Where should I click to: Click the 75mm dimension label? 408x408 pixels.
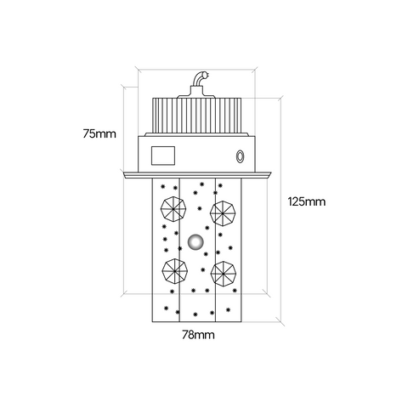click(x=99, y=133)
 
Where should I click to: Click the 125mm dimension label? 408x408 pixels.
click(x=307, y=201)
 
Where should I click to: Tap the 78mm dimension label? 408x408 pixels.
click(x=198, y=335)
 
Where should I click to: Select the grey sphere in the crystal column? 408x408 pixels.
click(x=195, y=242)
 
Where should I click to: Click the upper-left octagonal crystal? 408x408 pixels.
click(x=173, y=209)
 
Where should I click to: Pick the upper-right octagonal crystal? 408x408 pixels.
click(x=223, y=213)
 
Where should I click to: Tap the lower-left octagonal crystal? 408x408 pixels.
click(x=175, y=271)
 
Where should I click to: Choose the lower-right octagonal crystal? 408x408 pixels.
click(x=224, y=274)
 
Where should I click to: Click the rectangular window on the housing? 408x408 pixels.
click(x=163, y=156)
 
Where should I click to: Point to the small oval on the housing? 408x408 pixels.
click(x=241, y=156)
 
